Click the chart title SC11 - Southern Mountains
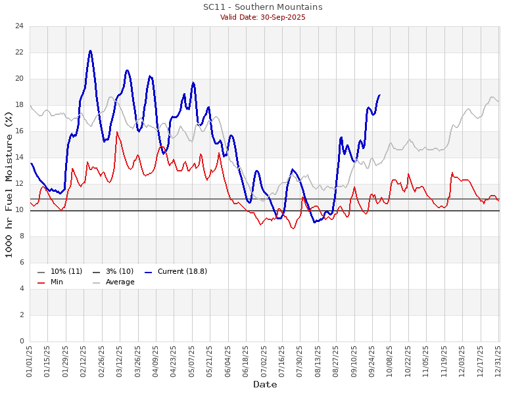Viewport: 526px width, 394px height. click(x=263, y=7)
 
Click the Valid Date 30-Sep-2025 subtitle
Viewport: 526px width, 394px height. click(x=263, y=17)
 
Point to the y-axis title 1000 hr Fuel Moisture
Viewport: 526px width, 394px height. click(x=9, y=184)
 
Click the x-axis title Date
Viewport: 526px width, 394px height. click(x=264, y=384)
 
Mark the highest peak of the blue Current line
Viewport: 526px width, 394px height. click(x=90, y=51)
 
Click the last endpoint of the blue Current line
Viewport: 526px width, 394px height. click(x=379, y=95)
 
